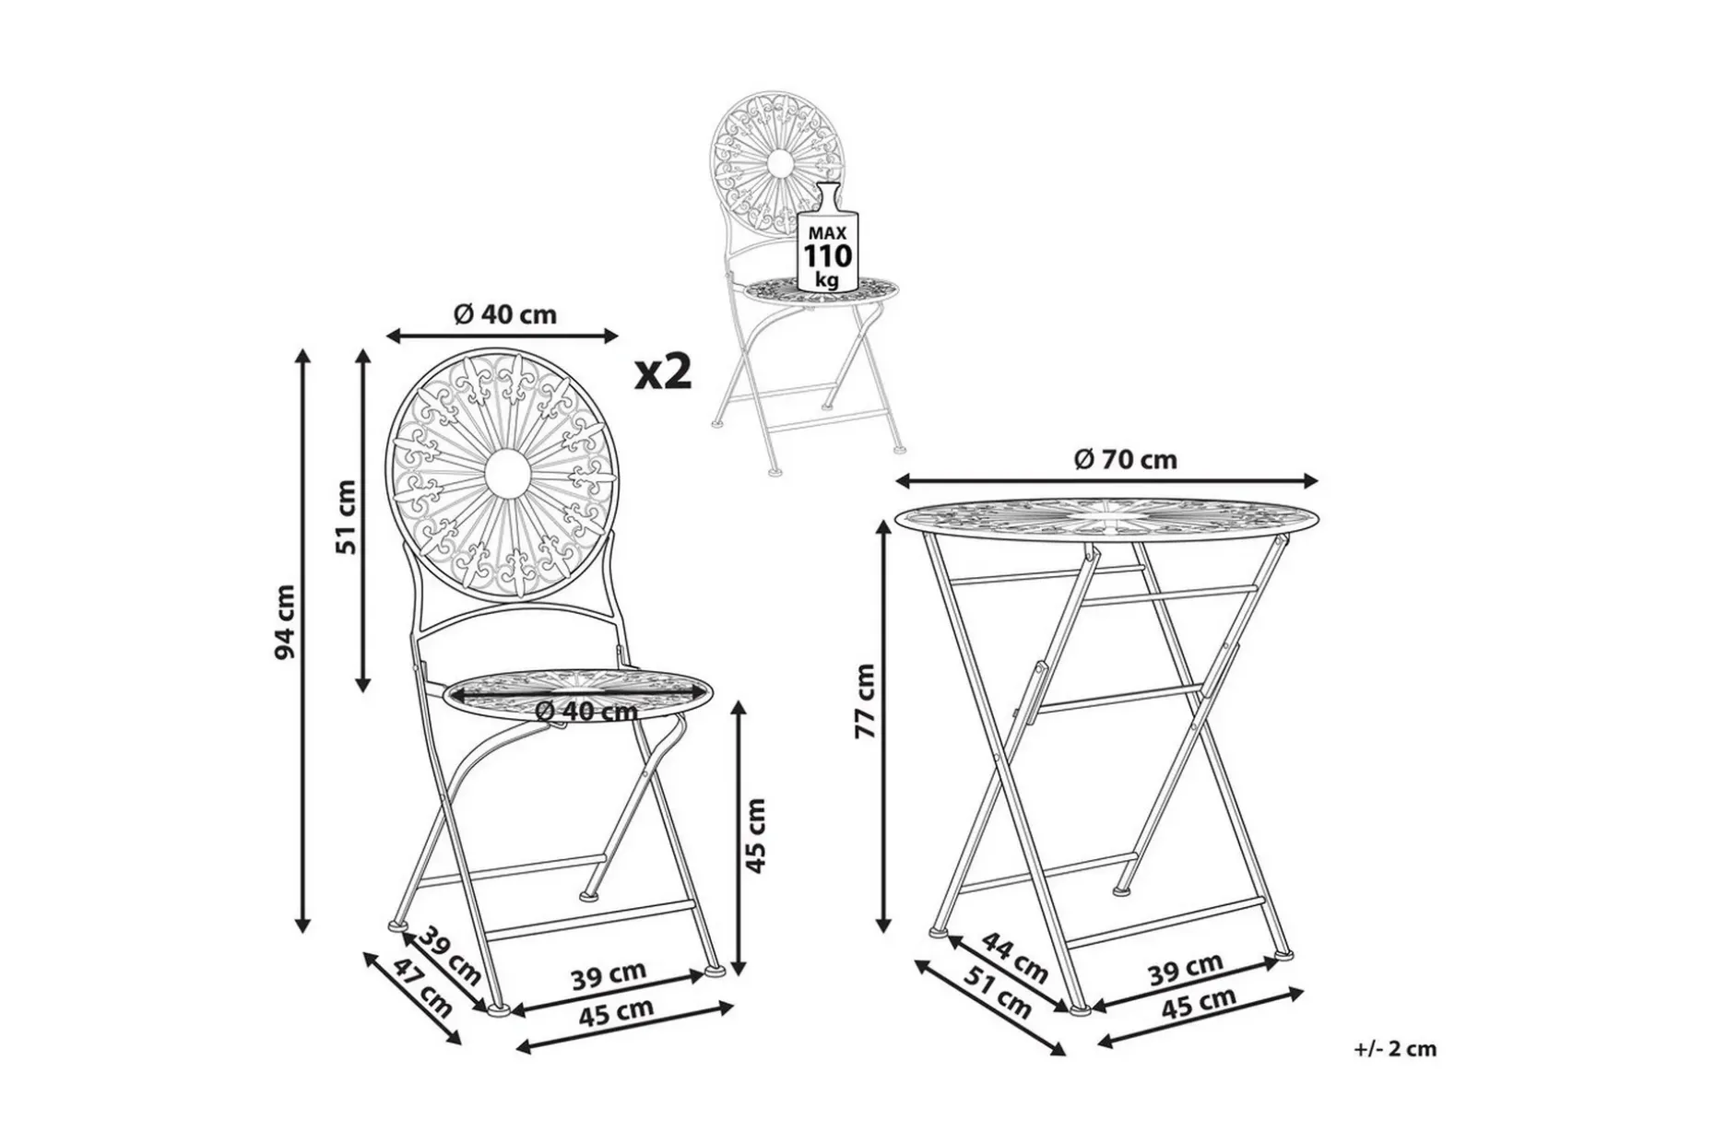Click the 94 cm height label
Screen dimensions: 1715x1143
(x=287, y=622)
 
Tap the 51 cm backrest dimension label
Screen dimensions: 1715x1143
(x=346, y=516)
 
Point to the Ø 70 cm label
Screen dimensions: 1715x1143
(x=1126, y=458)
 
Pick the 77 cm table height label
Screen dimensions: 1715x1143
(x=864, y=701)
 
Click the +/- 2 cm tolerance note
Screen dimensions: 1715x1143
(x=1396, y=1048)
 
